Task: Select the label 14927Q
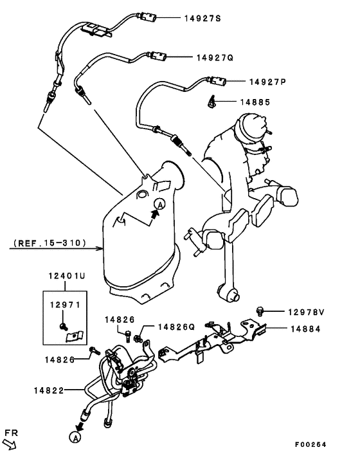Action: click(215, 57)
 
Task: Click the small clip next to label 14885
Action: click(212, 101)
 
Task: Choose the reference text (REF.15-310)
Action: click(48, 244)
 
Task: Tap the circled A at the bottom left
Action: click(74, 438)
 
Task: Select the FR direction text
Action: click(10, 431)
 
